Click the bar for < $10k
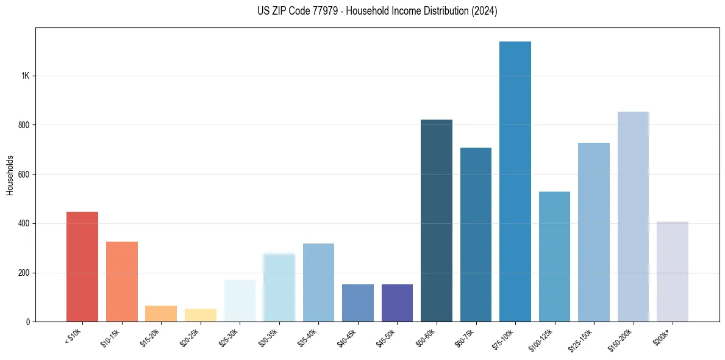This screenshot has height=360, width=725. click(82, 267)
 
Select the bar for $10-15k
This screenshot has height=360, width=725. click(121, 281)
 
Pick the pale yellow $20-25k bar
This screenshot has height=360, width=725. click(200, 315)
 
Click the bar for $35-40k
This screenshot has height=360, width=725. click(318, 283)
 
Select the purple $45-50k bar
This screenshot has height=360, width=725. click(397, 303)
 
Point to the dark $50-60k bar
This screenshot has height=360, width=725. click(437, 220)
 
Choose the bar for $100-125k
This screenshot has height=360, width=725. click(554, 256)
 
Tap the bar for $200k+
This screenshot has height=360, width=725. click(672, 272)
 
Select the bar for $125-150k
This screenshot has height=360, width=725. click(594, 232)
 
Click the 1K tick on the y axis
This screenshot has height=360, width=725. click(26, 76)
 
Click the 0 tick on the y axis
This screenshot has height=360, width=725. click(27, 322)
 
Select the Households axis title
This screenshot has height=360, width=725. click(10, 175)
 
